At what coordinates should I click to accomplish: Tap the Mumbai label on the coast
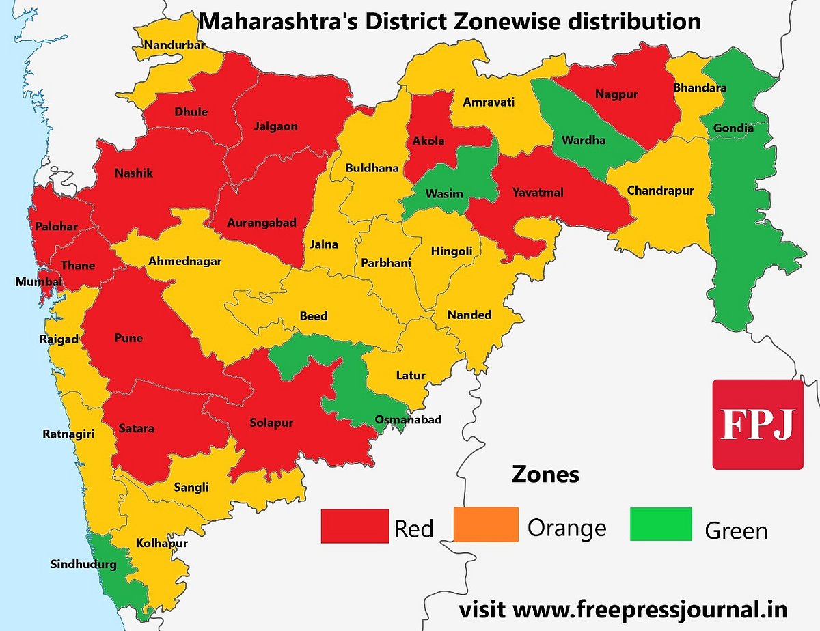(39, 281)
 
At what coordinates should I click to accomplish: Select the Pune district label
(128, 338)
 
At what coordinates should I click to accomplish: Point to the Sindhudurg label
(83, 565)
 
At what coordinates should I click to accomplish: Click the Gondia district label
(733, 128)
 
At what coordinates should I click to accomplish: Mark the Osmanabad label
(408, 419)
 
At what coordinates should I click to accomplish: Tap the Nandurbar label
(174, 46)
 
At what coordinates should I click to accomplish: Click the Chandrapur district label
(660, 191)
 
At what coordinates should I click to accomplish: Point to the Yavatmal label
(538, 193)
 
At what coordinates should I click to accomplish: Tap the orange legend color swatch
(486, 524)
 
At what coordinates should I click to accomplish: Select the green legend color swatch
(661, 524)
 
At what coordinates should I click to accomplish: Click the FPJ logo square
(758, 424)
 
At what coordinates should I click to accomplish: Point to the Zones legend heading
(545, 474)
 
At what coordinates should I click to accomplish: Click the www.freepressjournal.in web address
(649, 608)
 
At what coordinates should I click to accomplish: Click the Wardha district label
(584, 141)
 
